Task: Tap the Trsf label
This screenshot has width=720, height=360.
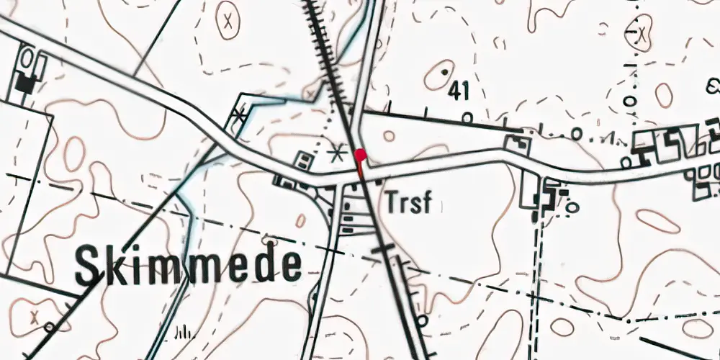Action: pyautogui.click(x=408, y=203)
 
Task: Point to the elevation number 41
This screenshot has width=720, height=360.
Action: pyautogui.click(x=458, y=91)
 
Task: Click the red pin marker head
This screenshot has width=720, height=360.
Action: pyautogui.click(x=360, y=153)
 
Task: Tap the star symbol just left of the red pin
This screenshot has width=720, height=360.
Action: pyautogui.click(x=336, y=153)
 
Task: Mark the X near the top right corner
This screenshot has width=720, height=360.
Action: pyautogui.click(x=640, y=32)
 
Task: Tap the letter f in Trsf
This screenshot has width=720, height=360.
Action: pyautogui.click(x=426, y=202)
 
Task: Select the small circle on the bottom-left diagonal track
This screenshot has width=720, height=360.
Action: pyautogui.click(x=49, y=328)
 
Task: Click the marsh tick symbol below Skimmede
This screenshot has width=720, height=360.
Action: pyautogui.click(x=184, y=332)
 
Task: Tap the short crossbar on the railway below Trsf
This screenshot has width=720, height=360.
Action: pyautogui.click(x=383, y=248)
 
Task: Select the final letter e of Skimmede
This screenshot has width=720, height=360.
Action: pyautogui.click(x=290, y=266)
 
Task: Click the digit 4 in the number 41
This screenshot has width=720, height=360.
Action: pyautogui.click(x=454, y=91)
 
